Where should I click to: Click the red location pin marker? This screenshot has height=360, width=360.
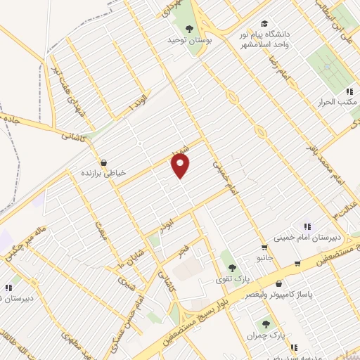(181, 166)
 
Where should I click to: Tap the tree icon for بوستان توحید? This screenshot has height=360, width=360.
(188, 29)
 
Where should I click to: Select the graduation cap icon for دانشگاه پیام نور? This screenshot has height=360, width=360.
(265, 22)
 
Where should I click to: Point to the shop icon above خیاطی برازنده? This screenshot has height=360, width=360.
(103, 162)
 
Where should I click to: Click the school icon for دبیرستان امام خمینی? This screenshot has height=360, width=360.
(307, 226)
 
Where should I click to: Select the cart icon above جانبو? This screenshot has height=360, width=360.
(264, 247)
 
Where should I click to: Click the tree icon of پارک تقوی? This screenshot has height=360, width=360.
(231, 267)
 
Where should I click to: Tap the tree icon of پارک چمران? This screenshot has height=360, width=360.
(265, 324)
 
